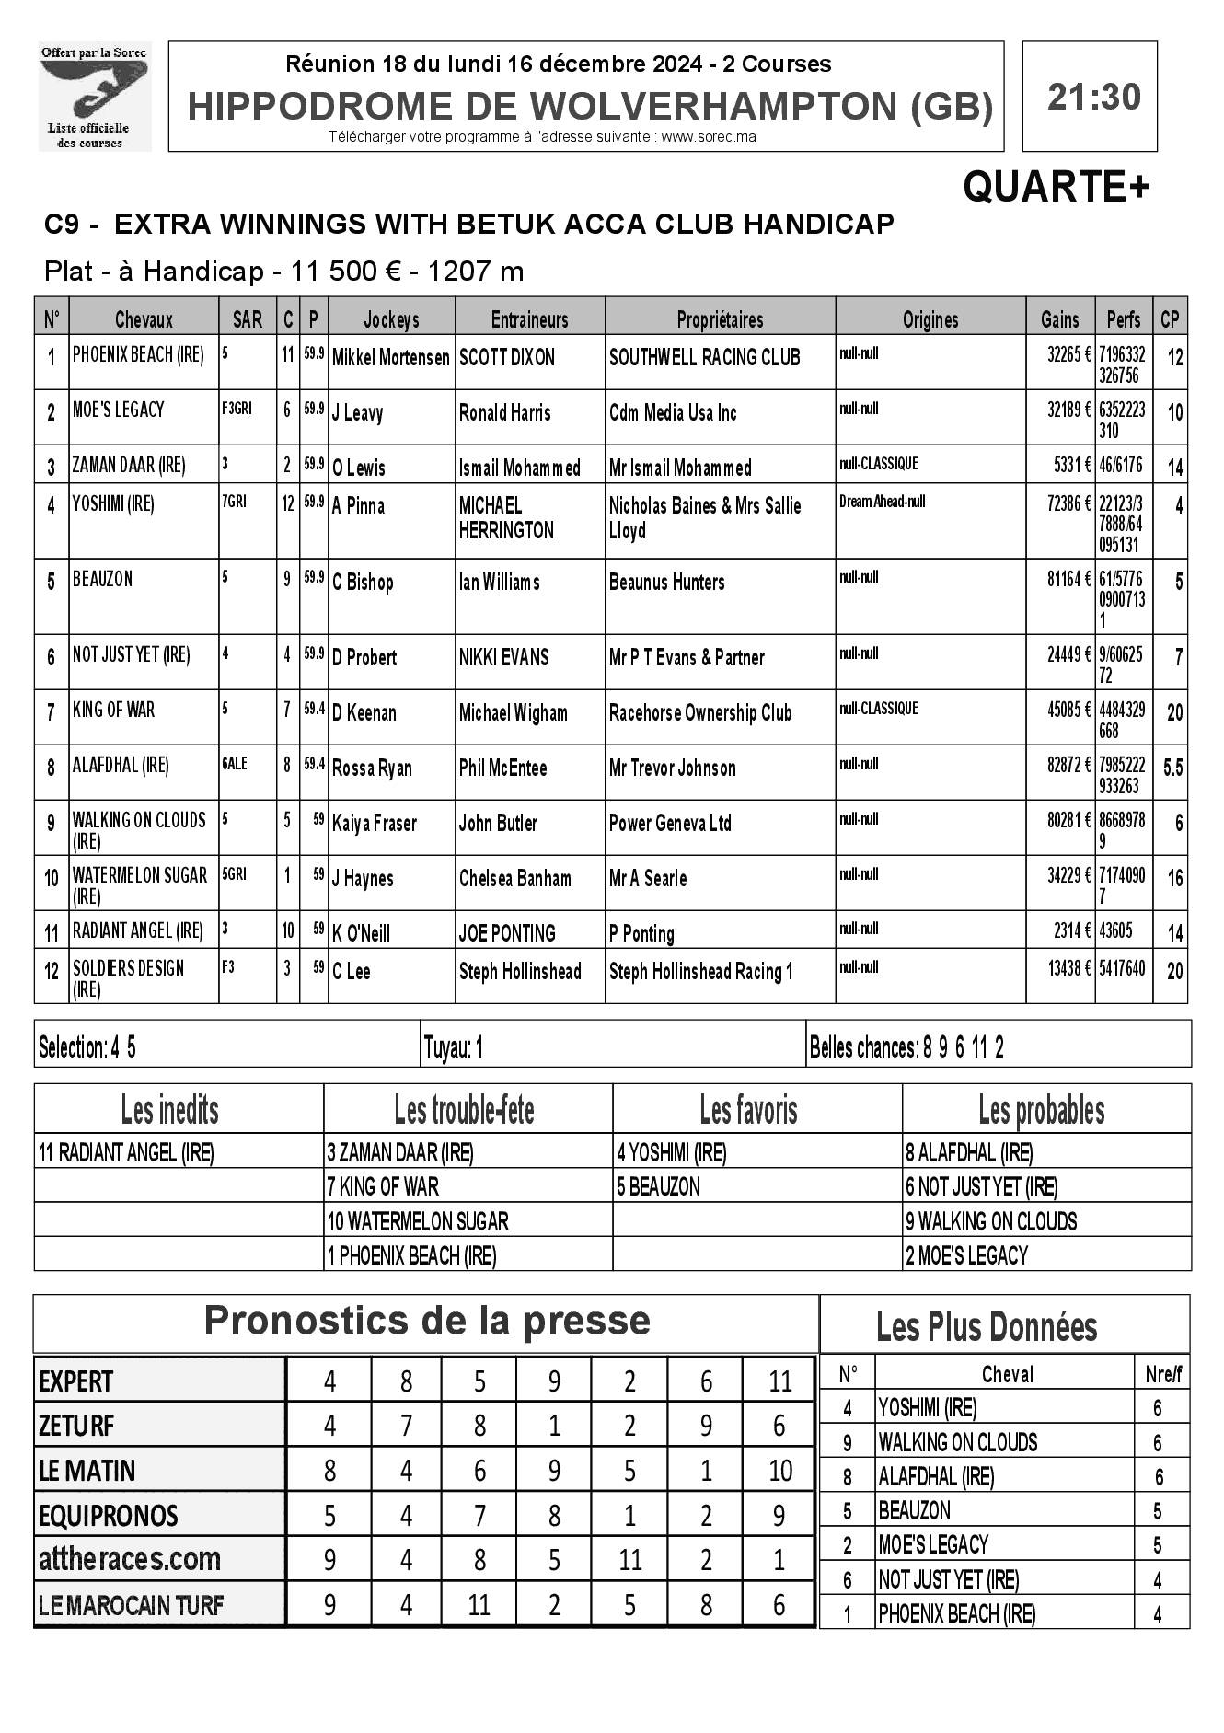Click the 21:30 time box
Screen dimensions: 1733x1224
(x=1092, y=97)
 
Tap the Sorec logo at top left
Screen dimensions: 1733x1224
(x=95, y=97)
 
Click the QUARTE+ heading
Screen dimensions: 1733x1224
(x=1056, y=188)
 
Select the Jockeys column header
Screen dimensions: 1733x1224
(x=391, y=319)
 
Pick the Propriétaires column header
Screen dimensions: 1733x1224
(x=720, y=319)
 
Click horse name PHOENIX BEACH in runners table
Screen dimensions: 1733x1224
(x=138, y=355)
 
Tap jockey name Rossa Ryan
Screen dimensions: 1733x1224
(x=372, y=768)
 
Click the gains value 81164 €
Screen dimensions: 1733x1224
(x=1068, y=579)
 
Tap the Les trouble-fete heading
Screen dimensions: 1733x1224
(x=464, y=1111)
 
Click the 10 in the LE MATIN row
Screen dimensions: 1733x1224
(x=779, y=1471)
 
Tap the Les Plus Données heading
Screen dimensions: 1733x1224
(x=987, y=1327)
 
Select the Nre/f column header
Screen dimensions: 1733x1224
(x=1163, y=1375)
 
